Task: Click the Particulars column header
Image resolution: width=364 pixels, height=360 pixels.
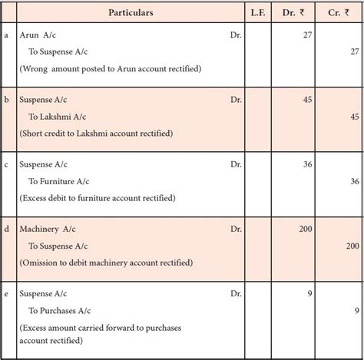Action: pyautogui.click(x=130, y=13)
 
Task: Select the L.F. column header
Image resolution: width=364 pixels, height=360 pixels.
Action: pyautogui.click(x=259, y=13)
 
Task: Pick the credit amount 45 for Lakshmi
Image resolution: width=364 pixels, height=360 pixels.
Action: pyautogui.click(x=352, y=117)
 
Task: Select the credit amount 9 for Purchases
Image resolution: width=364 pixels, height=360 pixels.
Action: pyautogui.click(x=356, y=310)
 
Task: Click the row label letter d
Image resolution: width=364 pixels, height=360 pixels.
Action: pyautogui.click(x=7, y=229)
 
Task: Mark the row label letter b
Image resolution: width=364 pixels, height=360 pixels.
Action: pyautogui.click(x=7, y=100)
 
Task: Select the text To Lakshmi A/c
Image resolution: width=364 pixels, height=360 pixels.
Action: pyautogui.click(x=64, y=117)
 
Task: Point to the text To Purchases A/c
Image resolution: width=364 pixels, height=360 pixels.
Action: pyautogui.click(x=66, y=310)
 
